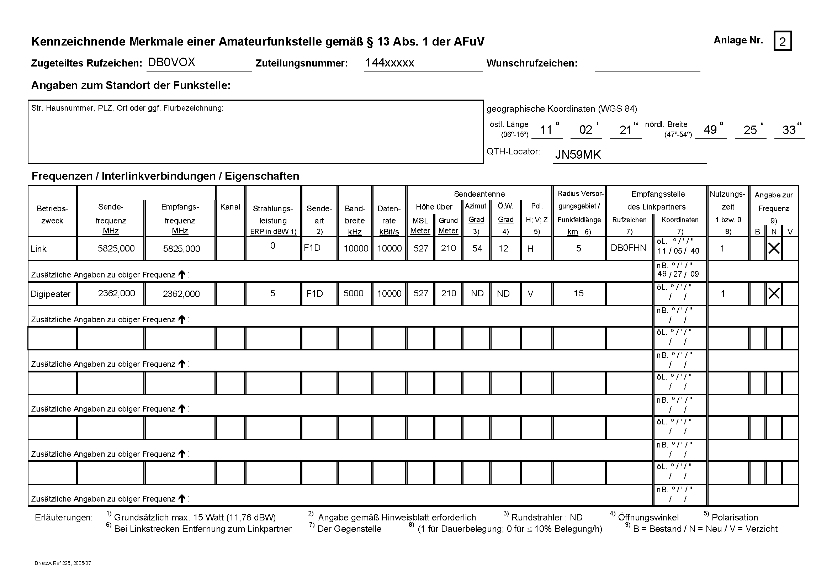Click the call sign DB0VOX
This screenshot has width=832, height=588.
tap(171, 62)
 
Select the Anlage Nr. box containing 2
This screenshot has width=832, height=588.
tap(782, 41)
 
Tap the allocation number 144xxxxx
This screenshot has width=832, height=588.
tap(389, 63)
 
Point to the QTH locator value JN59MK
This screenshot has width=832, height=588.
tap(578, 155)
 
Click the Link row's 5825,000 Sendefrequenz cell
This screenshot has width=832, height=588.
tap(116, 249)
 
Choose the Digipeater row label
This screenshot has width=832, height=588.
tap(51, 294)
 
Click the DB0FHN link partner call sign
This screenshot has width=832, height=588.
tap(628, 248)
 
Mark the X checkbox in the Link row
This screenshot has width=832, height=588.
tap(774, 248)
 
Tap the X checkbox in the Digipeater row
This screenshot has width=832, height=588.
tap(774, 293)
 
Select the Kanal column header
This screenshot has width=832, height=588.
tap(230, 207)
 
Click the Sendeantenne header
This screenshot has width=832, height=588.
tap(479, 194)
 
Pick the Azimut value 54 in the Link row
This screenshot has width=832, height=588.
tap(477, 248)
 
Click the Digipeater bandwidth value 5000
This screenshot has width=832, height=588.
tap(353, 293)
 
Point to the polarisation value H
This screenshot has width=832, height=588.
tap(530, 249)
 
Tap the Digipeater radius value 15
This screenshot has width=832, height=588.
tap(578, 293)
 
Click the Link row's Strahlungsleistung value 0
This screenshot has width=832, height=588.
tap(272, 246)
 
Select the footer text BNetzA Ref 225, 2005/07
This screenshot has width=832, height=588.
tap(63, 563)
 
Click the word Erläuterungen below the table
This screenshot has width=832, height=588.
tap(64, 517)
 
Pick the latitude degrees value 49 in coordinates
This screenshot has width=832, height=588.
tap(710, 130)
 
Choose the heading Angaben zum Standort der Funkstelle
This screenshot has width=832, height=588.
tap(131, 85)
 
